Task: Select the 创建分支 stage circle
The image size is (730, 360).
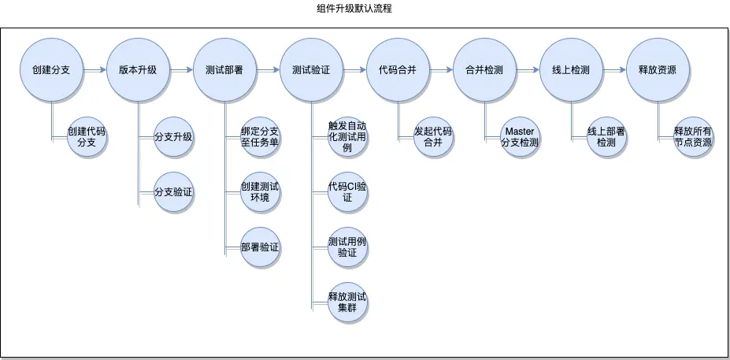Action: (x=52, y=70)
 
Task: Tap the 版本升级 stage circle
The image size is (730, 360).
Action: (x=138, y=70)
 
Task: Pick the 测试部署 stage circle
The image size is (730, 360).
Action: (x=224, y=70)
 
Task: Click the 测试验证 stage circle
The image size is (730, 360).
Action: (x=310, y=70)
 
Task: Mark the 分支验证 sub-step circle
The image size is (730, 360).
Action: (x=174, y=191)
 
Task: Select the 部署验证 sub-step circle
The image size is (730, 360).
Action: (x=260, y=247)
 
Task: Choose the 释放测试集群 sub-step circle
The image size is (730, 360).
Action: (x=347, y=301)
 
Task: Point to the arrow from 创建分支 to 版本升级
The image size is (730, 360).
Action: (x=94, y=70)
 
